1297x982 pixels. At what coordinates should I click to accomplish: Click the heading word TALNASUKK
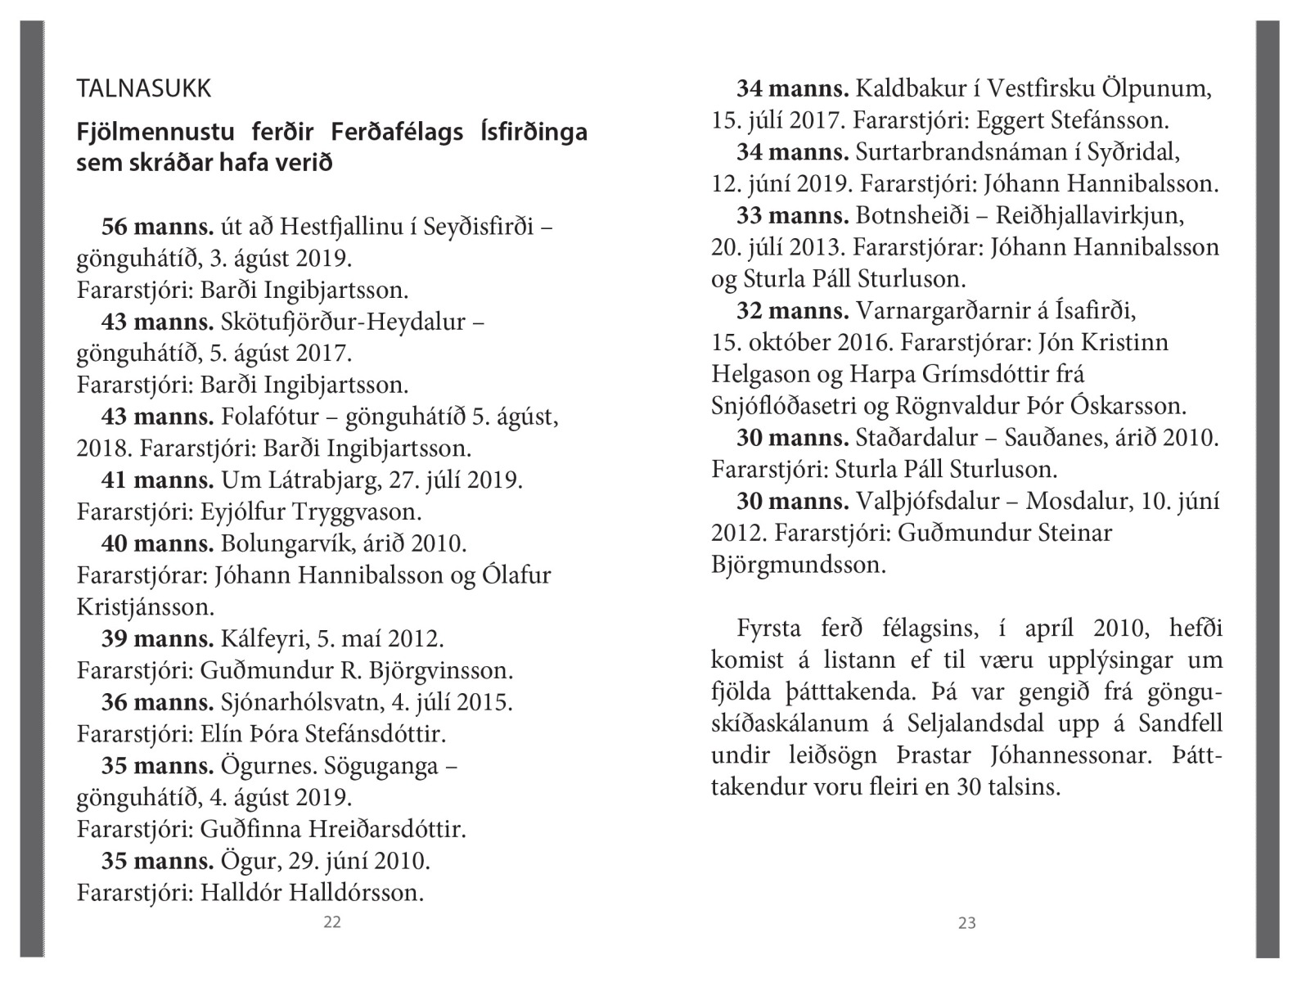(x=144, y=88)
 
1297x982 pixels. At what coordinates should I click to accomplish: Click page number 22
(x=332, y=922)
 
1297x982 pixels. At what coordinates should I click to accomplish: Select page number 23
(x=966, y=923)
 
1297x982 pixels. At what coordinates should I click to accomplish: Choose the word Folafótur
(x=269, y=417)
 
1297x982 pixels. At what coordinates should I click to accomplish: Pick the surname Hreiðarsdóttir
(x=387, y=830)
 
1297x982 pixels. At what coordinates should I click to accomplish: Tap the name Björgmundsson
(x=798, y=565)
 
